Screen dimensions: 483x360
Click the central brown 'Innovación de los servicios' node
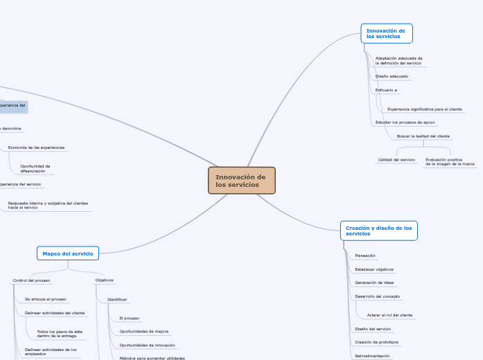click(241, 181)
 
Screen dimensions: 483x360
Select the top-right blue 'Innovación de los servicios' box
click(386, 33)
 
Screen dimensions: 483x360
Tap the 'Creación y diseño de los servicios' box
click(378, 231)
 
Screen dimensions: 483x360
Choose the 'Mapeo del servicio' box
click(68, 253)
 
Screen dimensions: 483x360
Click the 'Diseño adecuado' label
click(392, 76)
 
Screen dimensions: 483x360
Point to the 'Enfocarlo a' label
click(386, 90)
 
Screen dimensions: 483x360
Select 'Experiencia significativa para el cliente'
click(424, 109)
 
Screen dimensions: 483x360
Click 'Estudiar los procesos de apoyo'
click(405, 122)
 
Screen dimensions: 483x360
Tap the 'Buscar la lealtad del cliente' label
click(423, 136)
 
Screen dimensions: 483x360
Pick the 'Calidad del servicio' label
click(396, 160)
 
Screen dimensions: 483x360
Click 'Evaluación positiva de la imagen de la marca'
click(450, 162)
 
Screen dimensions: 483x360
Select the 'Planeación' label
click(365, 255)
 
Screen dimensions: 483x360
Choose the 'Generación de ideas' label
click(374, 282)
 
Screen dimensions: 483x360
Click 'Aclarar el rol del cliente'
click(389, 315)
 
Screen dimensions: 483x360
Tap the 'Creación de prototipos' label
click(376, 342)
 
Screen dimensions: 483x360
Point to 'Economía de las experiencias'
click(36, 147)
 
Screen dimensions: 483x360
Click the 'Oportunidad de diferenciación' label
click(35, 168)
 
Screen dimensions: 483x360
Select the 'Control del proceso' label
click(31, 280)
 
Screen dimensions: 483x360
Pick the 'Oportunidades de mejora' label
click(143, 332)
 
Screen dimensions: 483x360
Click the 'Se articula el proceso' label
click(45, 299)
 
